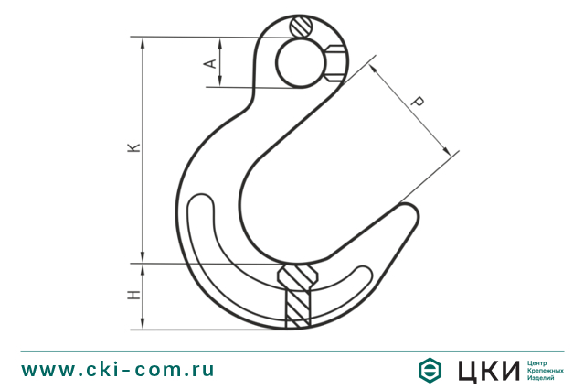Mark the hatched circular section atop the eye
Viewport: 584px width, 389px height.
point(303,27)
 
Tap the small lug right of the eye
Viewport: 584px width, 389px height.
point(335,63)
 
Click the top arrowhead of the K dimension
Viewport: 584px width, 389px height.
point(142,41)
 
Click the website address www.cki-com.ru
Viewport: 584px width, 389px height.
point(118,370)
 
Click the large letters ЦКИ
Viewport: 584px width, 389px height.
point(487,370)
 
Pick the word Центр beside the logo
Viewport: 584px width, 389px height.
point(540,362)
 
